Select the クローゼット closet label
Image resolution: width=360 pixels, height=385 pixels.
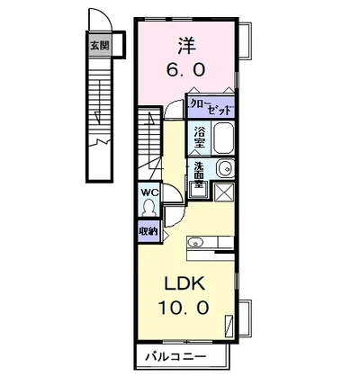tap(212, 104)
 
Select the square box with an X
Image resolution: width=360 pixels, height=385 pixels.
tap(222, 192)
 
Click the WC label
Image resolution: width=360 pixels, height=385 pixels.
tap(148, 192)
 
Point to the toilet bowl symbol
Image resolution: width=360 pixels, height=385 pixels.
tap(148, 208)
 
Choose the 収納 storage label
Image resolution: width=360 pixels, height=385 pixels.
tap(148, 231)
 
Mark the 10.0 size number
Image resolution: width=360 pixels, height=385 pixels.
tap(185, 307)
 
